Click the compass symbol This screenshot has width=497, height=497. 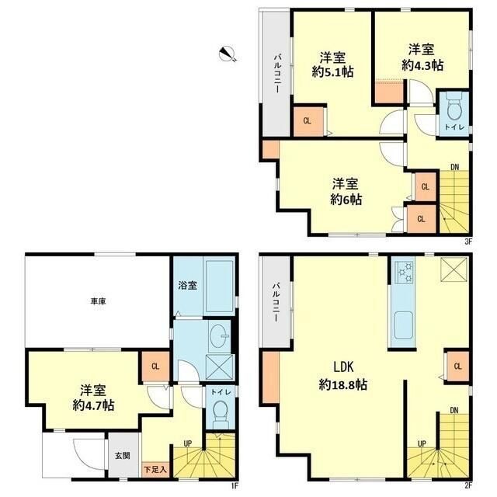pos(228,54)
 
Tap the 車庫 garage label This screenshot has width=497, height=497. pos(99,301)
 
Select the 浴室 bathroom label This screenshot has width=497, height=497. pos(187,285)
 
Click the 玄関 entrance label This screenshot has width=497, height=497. pos(123,456)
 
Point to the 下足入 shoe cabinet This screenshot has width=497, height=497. pos(155,469)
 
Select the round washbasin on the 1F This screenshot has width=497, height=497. pos(219,335)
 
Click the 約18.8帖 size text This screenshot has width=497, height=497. pos(343,385)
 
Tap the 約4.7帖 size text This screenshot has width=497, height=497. pos(93,405)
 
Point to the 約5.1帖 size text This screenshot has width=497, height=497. pos(333,72)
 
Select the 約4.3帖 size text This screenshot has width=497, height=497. pos(422,65)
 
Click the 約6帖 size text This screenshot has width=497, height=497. pos(346,200)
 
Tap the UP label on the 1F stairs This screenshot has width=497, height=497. pos(188,443)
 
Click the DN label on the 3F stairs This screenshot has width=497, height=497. pos(454,167)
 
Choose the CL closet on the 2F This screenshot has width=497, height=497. pos(457,367)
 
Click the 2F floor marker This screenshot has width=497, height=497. pos(468,485)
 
